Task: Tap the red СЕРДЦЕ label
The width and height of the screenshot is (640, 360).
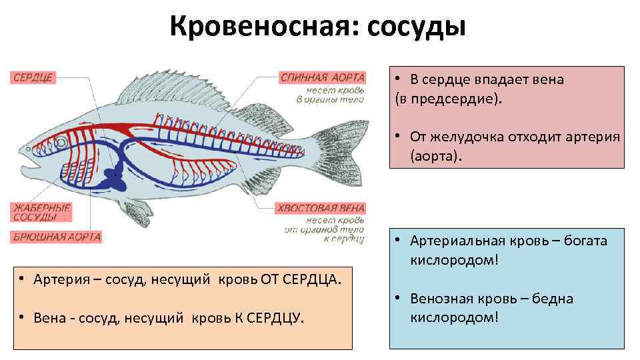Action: (32, 77)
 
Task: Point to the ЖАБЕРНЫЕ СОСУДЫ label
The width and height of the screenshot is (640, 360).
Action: (41, 213)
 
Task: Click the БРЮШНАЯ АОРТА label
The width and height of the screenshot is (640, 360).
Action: (57, 237)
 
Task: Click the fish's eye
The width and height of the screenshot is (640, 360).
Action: (61, 142)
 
